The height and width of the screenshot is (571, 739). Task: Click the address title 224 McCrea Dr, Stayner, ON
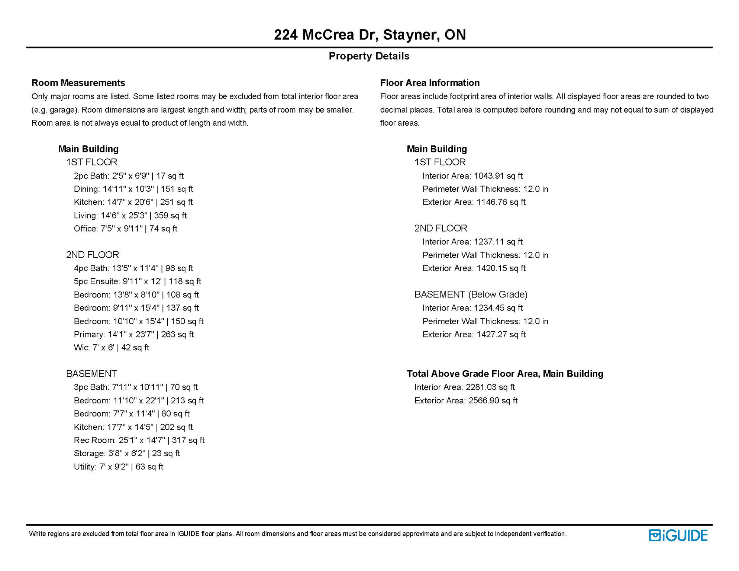(369, 35)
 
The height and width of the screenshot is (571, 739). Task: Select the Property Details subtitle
(369, 56)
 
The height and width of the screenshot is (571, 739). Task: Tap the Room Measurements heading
(78, 83)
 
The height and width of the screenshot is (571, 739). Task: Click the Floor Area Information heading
(430, 83)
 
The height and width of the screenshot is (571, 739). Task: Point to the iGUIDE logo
(678, 535)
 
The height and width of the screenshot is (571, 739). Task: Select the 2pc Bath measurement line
(129, 176)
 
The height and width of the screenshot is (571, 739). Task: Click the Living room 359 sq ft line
(130, 216)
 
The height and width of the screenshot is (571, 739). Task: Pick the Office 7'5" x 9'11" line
(125, 229)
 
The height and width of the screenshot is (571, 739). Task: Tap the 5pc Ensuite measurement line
(137, 281)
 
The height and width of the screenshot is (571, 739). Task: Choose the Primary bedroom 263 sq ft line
(134, 334)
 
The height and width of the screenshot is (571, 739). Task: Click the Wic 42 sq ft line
(111, 348)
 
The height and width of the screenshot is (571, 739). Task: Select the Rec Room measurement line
(139, 440)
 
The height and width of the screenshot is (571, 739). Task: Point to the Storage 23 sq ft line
(127, 453)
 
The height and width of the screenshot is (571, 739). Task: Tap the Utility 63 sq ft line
(118, 467)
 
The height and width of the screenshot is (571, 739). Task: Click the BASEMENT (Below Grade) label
(471, 294)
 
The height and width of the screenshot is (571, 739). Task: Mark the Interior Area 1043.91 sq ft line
(472, 176)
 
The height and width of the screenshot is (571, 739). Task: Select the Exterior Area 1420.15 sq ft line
(474, 268)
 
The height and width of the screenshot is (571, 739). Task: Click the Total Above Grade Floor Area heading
(505, 374)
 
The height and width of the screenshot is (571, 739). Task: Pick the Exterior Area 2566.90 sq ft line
(466, 400)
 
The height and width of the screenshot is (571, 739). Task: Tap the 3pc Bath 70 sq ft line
(136, 387)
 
